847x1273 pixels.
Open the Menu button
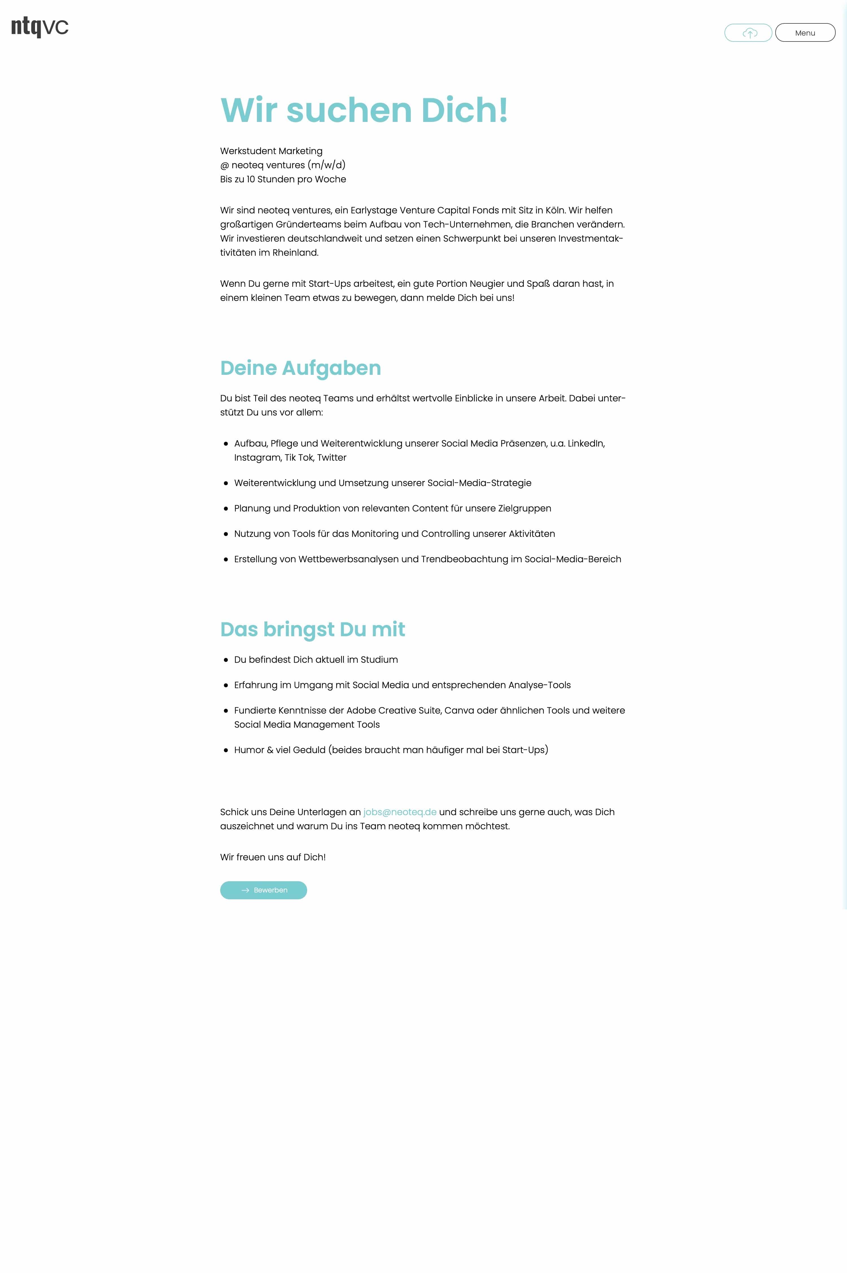point(805,33)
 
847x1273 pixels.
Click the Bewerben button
point(264,890)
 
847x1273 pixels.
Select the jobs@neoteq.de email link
point(400,812)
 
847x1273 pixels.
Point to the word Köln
point(554,210)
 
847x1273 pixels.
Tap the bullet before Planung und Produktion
point(226,509)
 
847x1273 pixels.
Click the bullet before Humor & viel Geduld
point(226,750)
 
